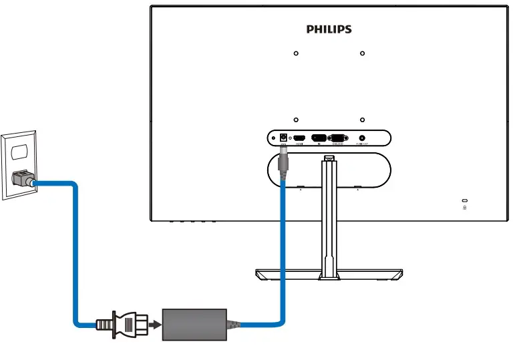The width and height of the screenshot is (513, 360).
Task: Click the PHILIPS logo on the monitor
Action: pyautogui.click(x=329, y=29)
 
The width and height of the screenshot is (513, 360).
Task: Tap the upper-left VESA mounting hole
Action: pyautogui.click(x=296, y=53)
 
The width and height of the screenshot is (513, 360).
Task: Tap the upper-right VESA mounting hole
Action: pyautogui.click(x=361, y=53)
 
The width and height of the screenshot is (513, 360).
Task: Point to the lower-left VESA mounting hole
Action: pyautogui.click(x=296, y=120)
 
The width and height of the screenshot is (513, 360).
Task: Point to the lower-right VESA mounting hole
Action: pyautogui.click(x=361, y=120)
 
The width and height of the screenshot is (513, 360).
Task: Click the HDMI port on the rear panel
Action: pyautogui.click(x=300, y=138)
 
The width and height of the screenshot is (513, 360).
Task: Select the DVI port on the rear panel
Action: pyautogui.click(x=319, y=138)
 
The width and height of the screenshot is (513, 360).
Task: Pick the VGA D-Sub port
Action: pyautogui.click(x=339, y=138)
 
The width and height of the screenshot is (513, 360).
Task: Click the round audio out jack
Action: pyautogui.click(x=363, y=138)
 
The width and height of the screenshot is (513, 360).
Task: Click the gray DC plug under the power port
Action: pyautogui.click(x=283, y=162)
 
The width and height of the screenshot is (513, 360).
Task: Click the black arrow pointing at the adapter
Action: pyautogui.click(x=155, y=325)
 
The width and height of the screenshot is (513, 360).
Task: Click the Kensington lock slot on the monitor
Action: pyautogui.click(x=465, y=201)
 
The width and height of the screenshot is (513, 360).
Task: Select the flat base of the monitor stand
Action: pyautogui.click(x=329, y=274)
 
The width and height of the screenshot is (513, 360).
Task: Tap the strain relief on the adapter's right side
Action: pyautogui.click(x=233, y=325)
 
